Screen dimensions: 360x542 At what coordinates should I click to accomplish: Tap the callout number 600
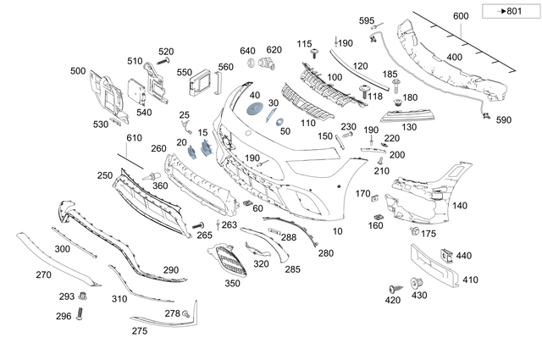coord(460,17)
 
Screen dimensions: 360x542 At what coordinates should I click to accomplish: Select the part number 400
coord(455,57)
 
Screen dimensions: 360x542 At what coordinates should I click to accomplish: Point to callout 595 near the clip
coord(366,20)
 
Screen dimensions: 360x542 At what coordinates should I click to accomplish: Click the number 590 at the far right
coord(504,120)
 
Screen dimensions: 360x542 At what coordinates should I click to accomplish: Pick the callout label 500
coord(78,71)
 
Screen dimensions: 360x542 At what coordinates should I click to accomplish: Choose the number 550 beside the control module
coord(184,73)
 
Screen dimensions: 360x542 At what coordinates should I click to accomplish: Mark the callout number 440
coord(463,255)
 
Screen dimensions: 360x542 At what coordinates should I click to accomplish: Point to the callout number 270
coord(43,274)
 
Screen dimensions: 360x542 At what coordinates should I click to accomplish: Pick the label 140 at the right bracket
coord(459,206)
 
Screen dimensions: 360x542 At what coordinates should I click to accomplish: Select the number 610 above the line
coord(135,138)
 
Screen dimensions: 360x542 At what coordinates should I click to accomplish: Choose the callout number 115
coord(304,43)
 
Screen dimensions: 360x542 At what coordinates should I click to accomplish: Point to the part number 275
coord(140,331)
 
